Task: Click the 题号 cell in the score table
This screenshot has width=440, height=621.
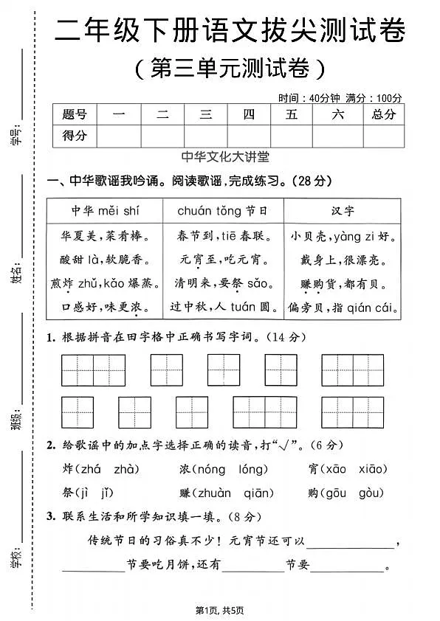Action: click(75, 114)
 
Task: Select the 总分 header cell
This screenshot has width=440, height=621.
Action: click(383, 114)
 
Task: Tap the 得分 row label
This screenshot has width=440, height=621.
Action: click(75, 136)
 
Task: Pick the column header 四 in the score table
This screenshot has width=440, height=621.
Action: click(249, 114)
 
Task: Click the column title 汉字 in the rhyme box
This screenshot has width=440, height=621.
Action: click(343, 211)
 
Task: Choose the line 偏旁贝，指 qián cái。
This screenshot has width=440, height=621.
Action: click(343, 307)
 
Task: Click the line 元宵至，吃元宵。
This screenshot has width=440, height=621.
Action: click(221, 260)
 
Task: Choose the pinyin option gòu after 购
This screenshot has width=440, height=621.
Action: click(373, 493)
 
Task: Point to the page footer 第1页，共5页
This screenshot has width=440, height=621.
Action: click(219, 610)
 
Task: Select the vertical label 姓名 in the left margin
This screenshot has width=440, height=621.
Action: click(17, 270)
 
